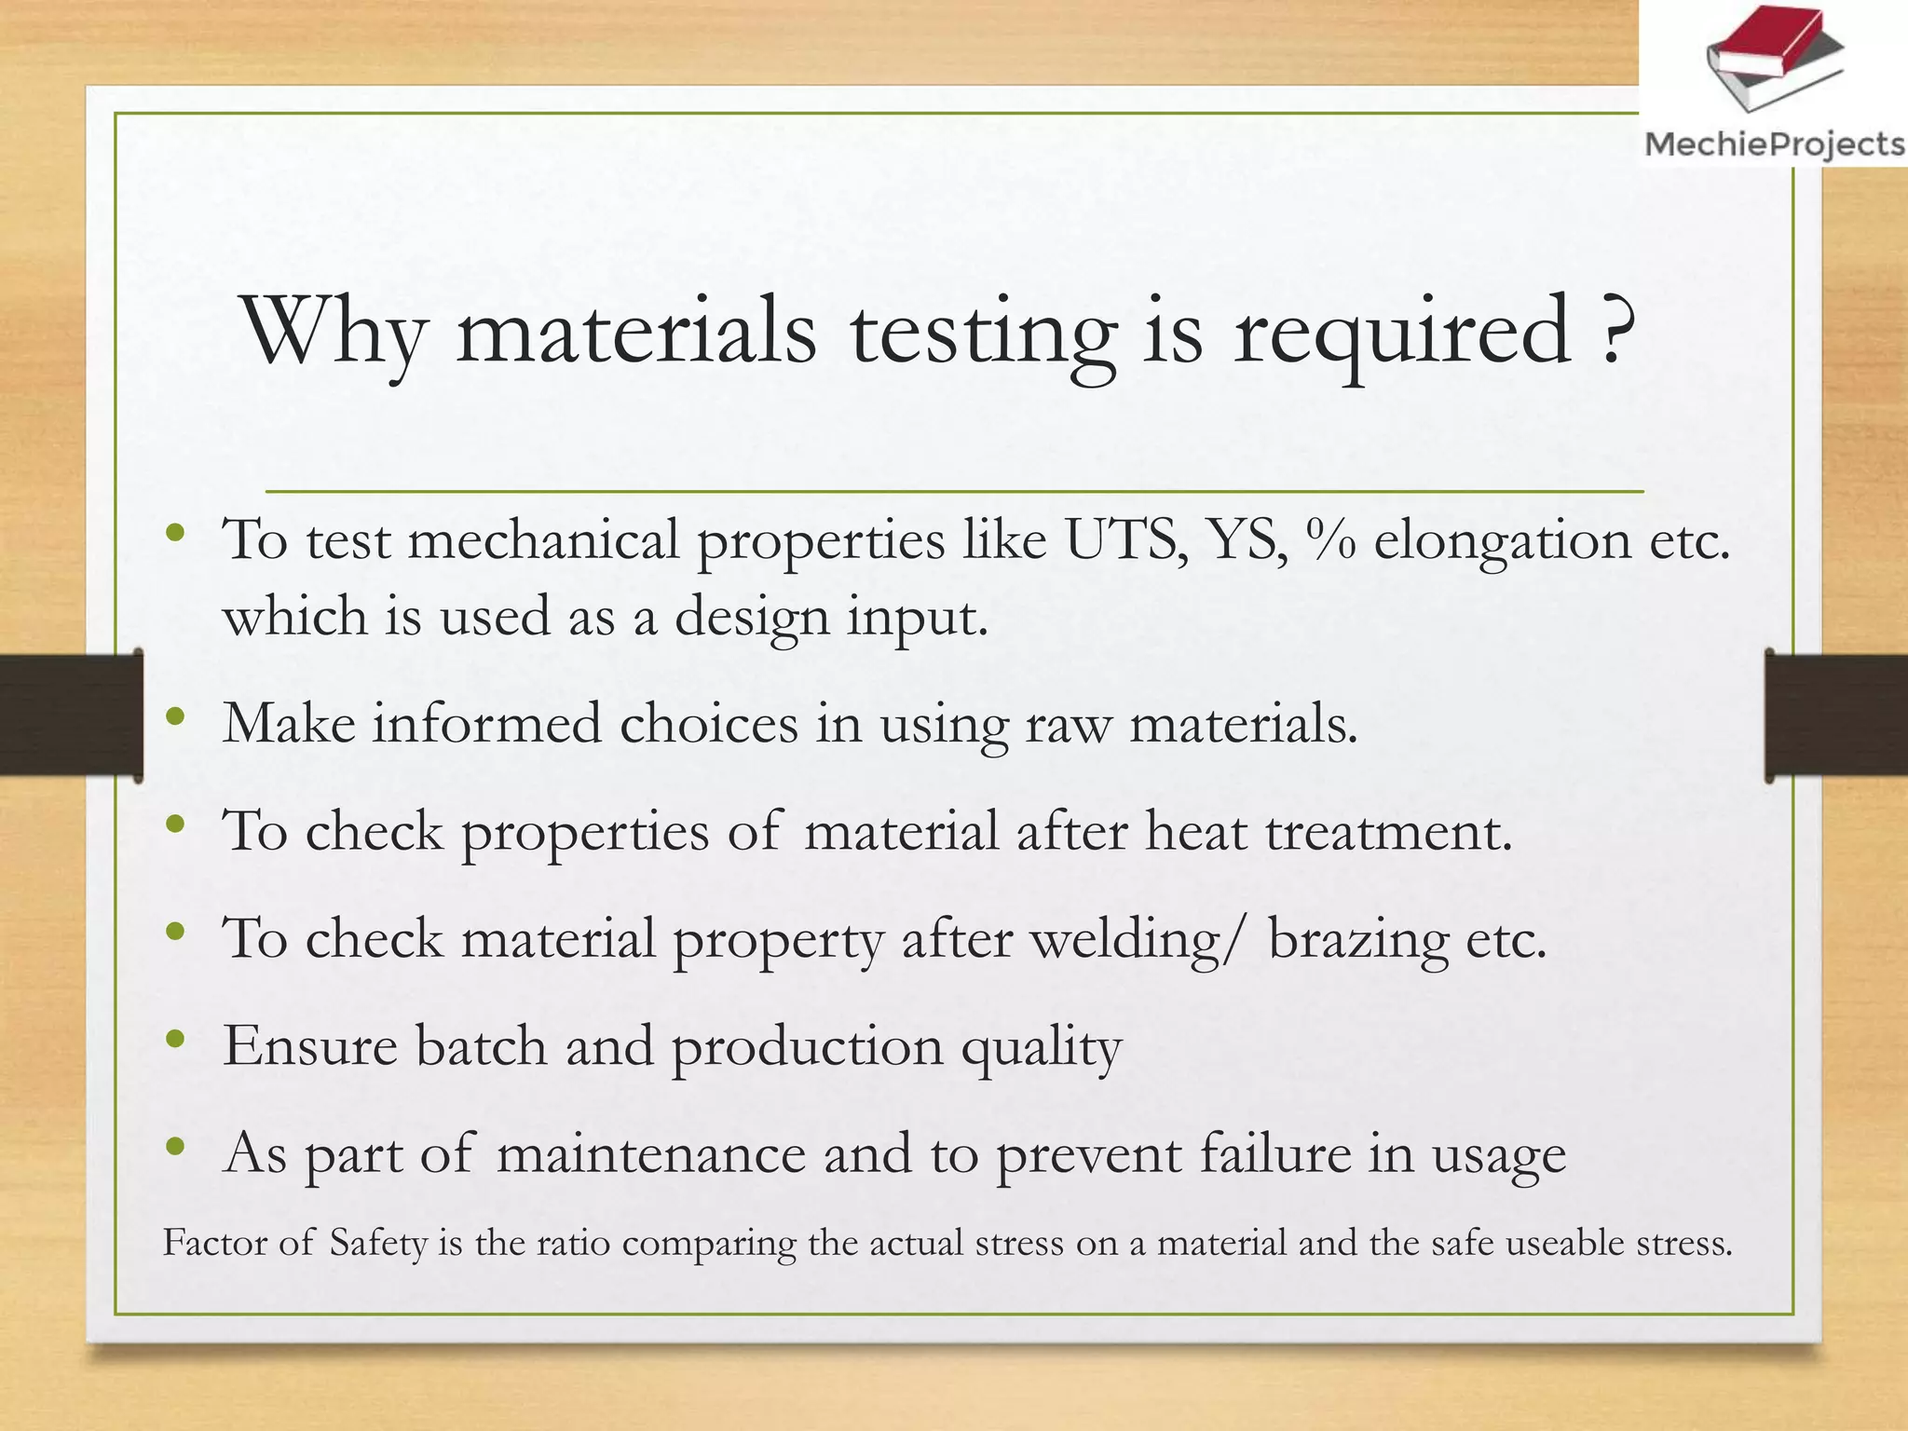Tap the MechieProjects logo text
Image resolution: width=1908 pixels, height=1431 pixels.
pos(1775,144)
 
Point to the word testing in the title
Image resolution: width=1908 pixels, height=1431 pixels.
pos(984,335)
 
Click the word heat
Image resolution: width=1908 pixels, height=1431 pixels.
pos(1195,831)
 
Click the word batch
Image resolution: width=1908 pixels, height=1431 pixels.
pos(481,1045)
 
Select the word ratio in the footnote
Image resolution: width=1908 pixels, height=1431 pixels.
pos(573,1244)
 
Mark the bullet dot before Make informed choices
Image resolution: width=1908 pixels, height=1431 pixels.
pos(174,716)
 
